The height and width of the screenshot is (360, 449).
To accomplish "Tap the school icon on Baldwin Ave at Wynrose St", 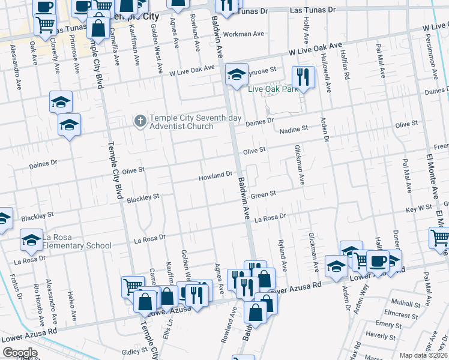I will tap(237, 75).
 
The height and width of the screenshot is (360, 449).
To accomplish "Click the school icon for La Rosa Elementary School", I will tap(32, 241).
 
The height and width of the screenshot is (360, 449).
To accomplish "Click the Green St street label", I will tap(263, 194).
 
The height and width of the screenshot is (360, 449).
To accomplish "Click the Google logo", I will tap(20, 353).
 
